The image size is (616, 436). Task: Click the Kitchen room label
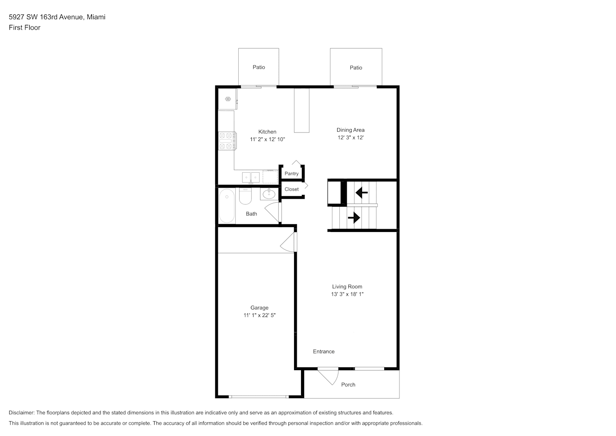(x=267, y=132)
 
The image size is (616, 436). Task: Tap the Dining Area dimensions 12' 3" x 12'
(x=351, y=137)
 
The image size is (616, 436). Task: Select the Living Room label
(x=347, y=286)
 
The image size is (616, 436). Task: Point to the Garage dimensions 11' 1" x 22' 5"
(x=259, y=315)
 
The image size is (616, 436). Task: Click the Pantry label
(x=291, y=174)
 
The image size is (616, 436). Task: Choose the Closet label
(x=291, y=189)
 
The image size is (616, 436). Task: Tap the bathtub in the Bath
(x=227, y=206)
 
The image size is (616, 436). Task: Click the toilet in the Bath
(x=245, y=196)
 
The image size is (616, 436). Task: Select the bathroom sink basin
(x=269, y=194)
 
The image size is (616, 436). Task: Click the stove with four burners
(x=227, y=141)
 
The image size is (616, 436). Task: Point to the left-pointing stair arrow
(x=362, y=193)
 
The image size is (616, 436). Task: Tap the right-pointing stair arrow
(x=354, y=218)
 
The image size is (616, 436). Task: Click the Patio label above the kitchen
(x=259, y=67)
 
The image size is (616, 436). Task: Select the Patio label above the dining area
(x=356, y=68)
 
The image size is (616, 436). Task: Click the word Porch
(x=348, y=385)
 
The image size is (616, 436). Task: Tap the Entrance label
(x=324, y=351)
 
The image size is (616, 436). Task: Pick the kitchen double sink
(x=251, y=177)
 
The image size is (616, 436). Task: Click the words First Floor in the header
(x=24, y=27)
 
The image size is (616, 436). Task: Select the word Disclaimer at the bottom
(x=22, y=412)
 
